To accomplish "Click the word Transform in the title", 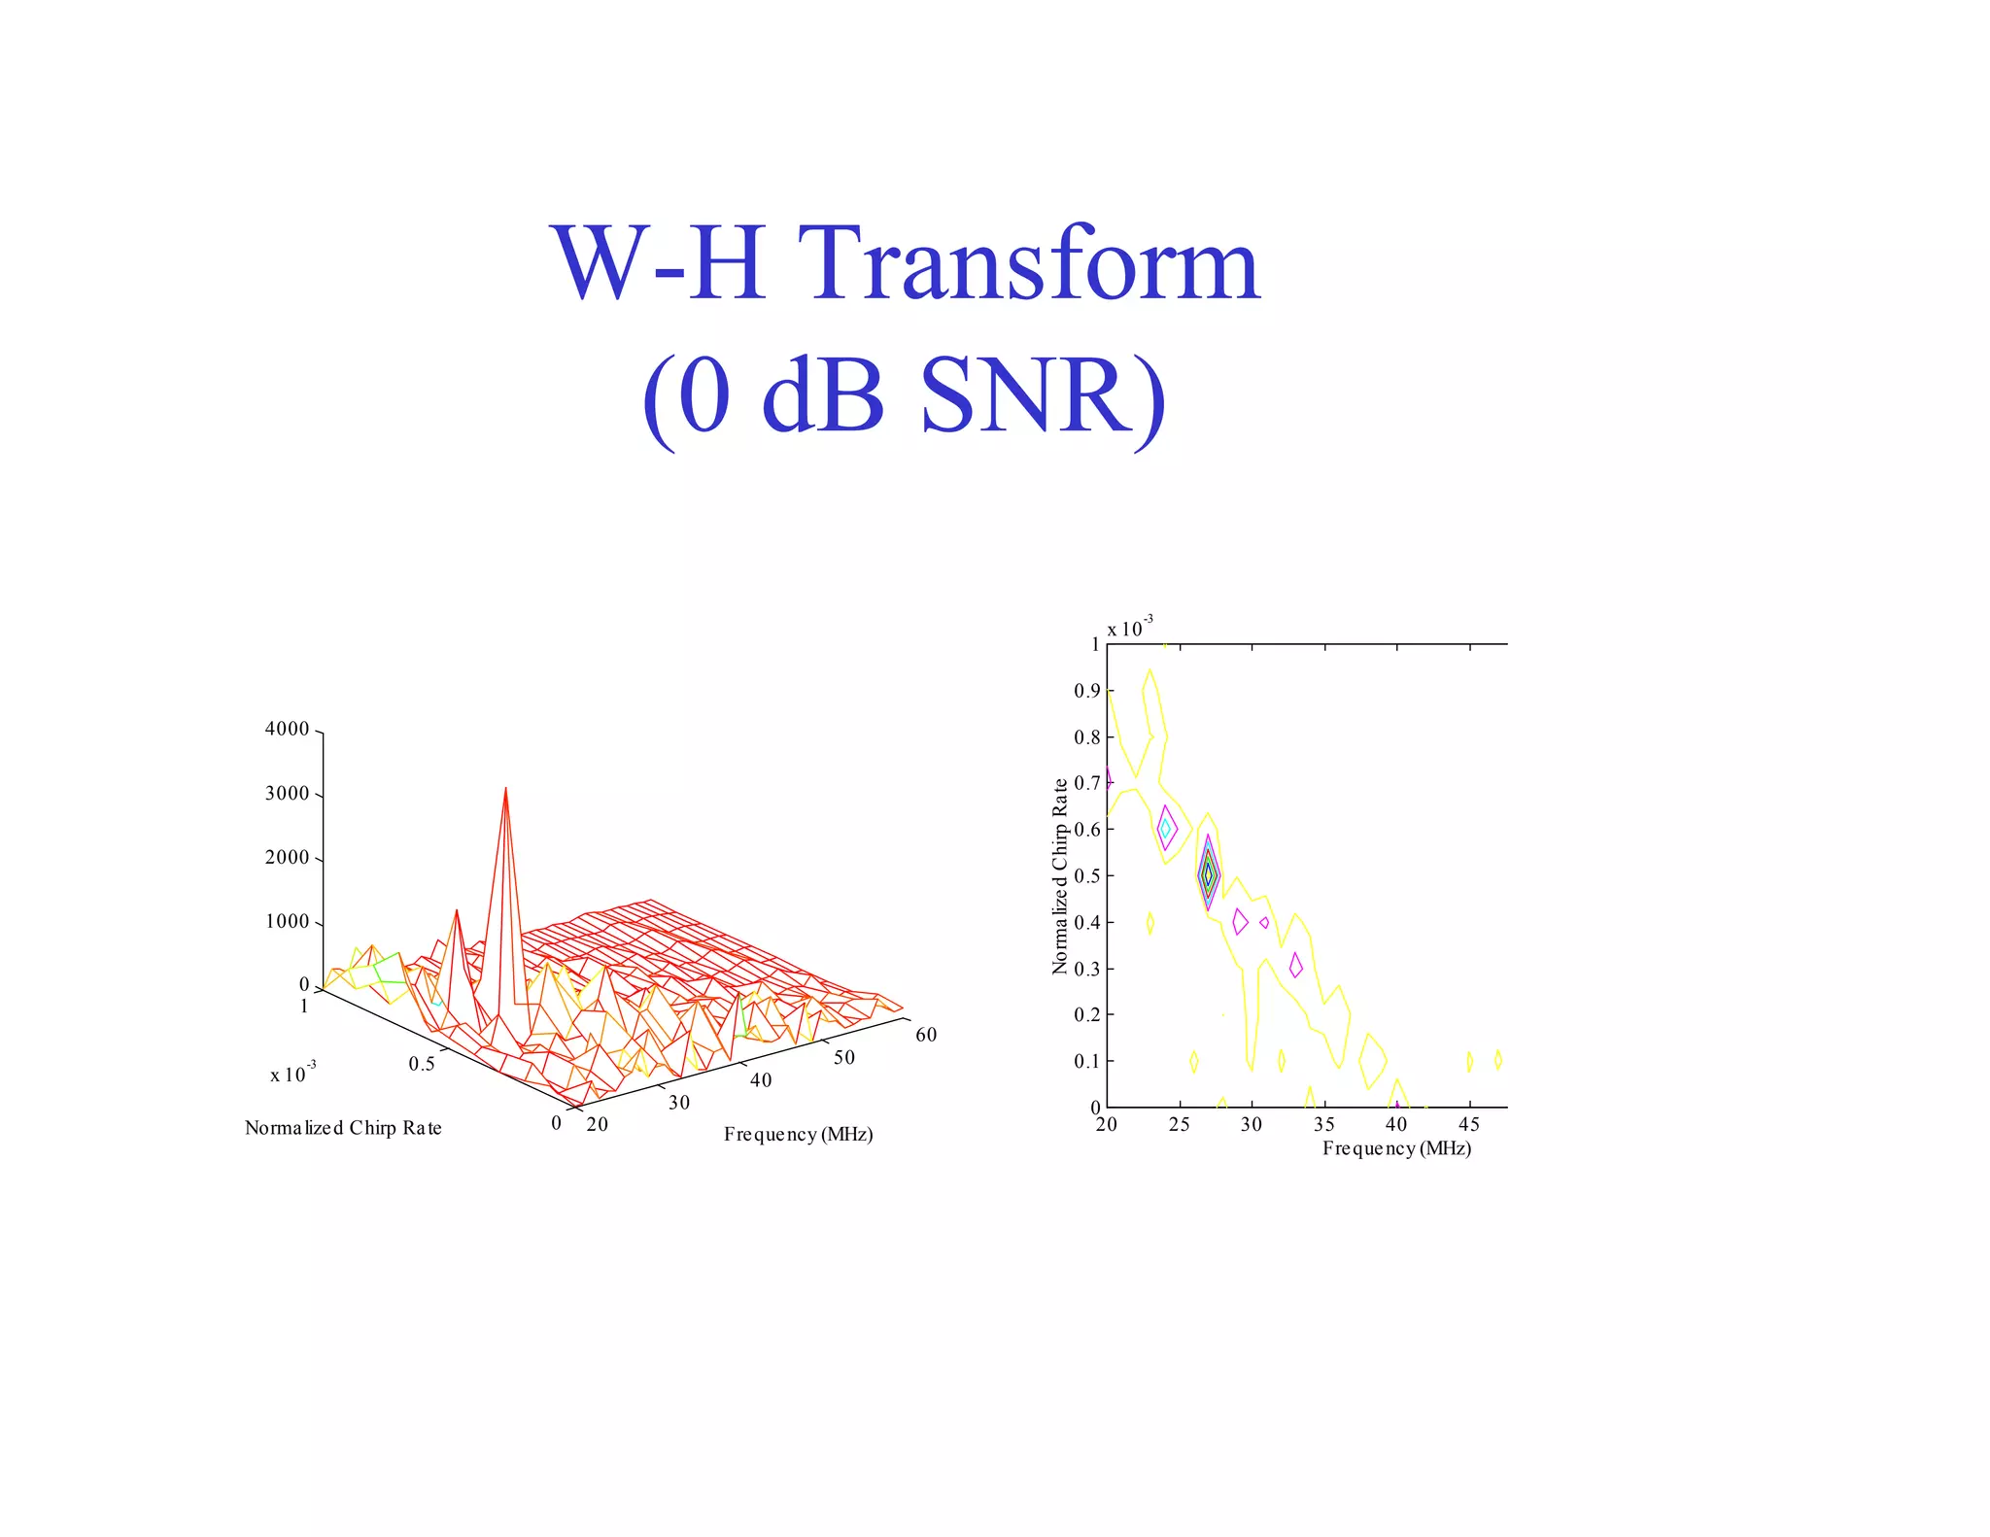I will (x=1033, y=263).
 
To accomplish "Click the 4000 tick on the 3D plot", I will (x=287, y=729).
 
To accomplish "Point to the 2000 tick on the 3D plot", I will (x=287, y=857).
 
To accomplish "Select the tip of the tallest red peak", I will (x=505, y=789).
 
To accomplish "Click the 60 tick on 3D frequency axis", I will (x=926, y=1035).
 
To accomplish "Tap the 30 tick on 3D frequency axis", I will (x=679, y=1103).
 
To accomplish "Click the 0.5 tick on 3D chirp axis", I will (x=422, y=1064).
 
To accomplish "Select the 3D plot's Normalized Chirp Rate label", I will (x=343, y=1128).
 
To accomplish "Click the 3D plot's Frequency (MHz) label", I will (x=798, y=1135).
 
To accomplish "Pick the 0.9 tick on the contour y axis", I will (x=1086, y=691).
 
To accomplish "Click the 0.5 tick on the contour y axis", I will (x=1086, y=875).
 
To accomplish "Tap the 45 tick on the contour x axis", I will (x=1469, y=1124).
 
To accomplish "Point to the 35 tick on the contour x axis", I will (x=1323, y=1124).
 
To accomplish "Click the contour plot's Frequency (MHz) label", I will (x=1396, y=1148).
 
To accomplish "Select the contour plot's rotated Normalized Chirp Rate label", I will (x=1060, y=875).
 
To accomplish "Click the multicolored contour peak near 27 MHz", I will (x=1208, y=874).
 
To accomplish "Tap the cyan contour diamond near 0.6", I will (x=1165, y=829).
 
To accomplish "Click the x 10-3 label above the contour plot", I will (x=1129, y=628).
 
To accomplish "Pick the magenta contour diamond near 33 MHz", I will (x=1295, y=965).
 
